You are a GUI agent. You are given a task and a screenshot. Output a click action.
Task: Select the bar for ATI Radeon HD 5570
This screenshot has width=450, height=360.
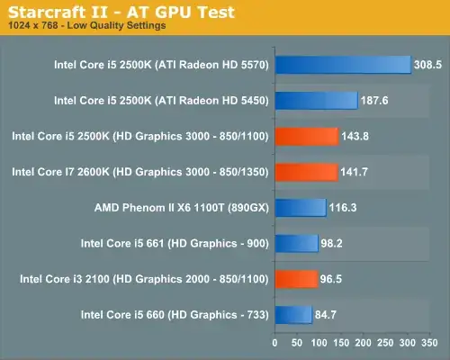342,64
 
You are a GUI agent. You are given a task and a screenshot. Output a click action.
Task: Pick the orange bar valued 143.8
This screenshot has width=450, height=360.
306,136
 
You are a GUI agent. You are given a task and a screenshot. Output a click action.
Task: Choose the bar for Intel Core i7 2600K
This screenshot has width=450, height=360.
306,171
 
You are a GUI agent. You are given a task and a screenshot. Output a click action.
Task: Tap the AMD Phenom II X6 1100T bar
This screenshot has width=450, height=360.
301,207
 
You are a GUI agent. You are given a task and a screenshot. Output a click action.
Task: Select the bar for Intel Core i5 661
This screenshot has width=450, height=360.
296,243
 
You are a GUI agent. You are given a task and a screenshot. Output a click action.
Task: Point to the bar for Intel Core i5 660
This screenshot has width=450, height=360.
293,314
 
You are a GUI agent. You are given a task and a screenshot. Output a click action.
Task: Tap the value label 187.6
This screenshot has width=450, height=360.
375,101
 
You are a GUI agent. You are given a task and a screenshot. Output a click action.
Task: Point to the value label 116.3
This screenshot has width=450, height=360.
344,208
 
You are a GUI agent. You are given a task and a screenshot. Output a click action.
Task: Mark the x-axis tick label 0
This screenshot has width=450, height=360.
275,343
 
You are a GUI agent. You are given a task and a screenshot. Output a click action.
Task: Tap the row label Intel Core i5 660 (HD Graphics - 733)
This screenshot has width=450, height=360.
175,314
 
